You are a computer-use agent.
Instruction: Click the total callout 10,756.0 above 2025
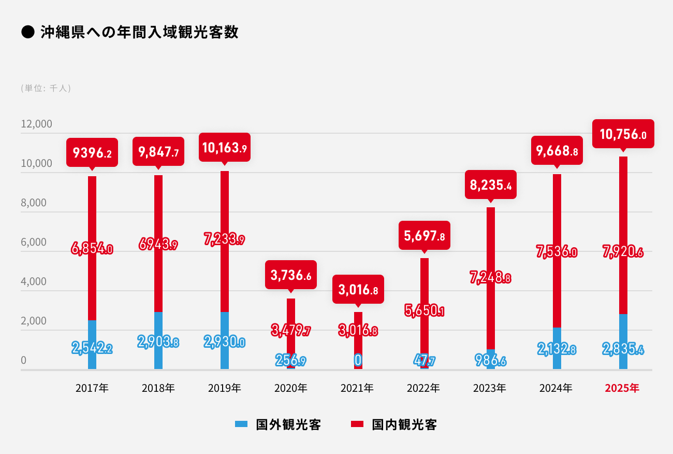623,134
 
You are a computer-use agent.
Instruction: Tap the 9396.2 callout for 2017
92,152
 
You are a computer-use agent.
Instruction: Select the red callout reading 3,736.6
290,275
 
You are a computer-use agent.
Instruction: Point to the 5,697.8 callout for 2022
424,236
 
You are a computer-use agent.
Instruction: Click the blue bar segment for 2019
225,340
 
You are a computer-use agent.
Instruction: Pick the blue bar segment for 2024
557,348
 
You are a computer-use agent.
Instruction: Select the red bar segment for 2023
491,278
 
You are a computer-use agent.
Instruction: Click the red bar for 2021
358,340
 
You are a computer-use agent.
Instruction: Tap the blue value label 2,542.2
92,348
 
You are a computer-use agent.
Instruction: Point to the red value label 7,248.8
491,277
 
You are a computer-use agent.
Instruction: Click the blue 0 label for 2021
358,360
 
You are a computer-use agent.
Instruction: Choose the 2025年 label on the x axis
622,388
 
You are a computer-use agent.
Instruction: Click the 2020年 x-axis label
290,388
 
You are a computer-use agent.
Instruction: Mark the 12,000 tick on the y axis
36,124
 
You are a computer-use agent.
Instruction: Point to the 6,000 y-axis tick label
34,242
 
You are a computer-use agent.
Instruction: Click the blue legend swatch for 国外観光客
241,424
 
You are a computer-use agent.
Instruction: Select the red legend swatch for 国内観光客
357,424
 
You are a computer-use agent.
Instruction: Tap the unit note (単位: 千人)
46,88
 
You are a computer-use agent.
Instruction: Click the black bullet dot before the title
28,32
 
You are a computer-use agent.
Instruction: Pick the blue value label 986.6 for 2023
491,360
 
